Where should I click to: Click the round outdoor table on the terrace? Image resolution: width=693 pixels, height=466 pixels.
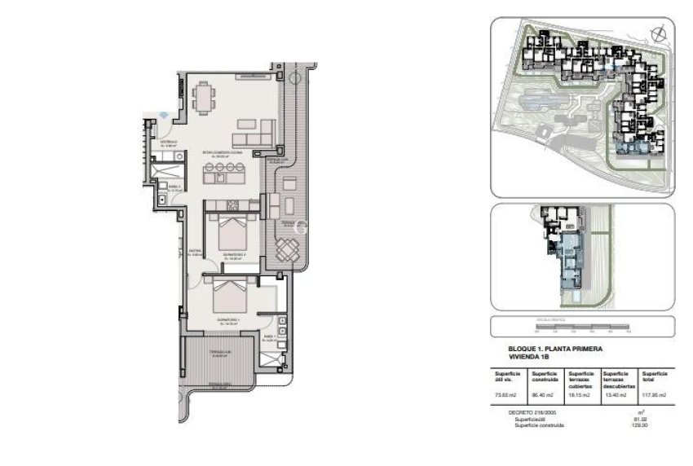click(x=288, y=251)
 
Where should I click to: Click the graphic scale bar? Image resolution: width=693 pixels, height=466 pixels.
click(x=582, y=328)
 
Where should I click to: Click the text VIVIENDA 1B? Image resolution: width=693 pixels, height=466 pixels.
click(x=529, y=356)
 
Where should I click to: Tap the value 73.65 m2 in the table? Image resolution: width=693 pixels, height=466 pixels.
click(x=506, y=395)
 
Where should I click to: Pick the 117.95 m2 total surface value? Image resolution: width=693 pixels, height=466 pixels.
click(x=654, y=395)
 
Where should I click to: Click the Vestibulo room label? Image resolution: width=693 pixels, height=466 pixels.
click(x=169, y=143)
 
